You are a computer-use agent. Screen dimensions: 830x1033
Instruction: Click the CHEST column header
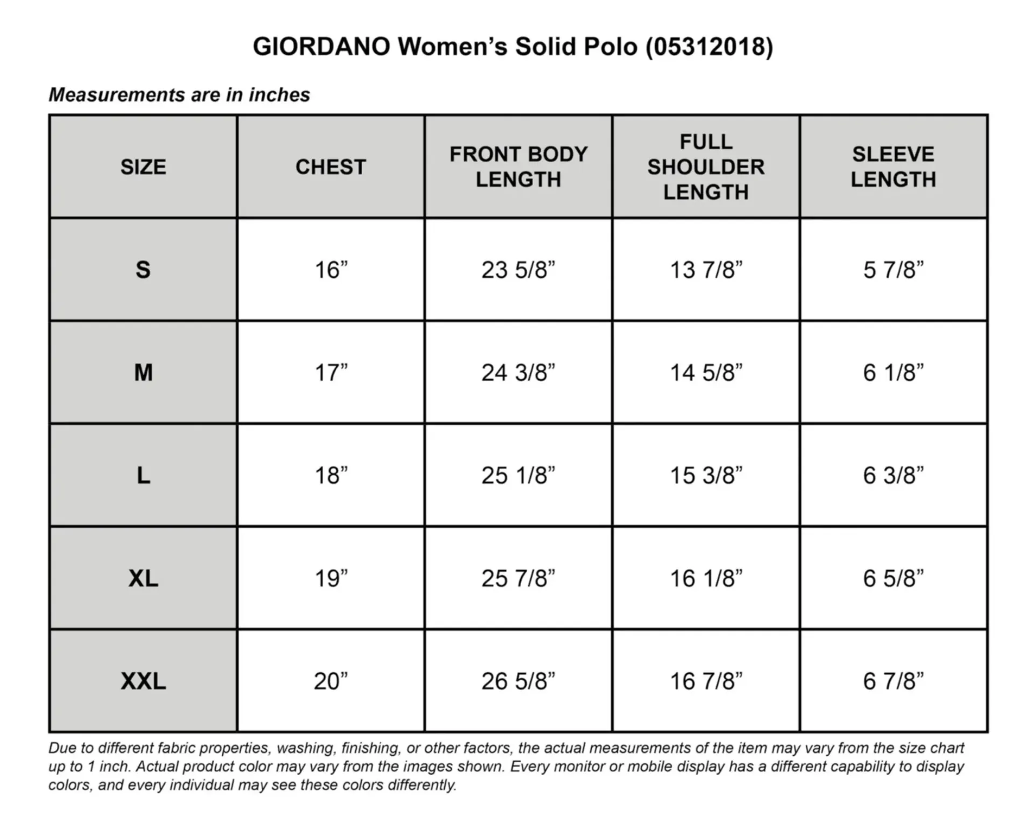tap(331, 167)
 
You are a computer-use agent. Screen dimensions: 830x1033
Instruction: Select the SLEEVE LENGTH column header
tap(893, 167)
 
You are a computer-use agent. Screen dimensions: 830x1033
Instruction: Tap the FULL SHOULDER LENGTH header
tap(705, 167)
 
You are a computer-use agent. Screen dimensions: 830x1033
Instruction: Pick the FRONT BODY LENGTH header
tap(518, 167)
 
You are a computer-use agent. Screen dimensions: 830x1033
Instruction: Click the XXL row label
tap(143, 681)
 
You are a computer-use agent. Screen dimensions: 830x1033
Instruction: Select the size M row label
tap(143, 372)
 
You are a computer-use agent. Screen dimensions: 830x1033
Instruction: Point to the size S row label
tap(143, 270)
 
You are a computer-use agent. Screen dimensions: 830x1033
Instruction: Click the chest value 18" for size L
tap(331, 476)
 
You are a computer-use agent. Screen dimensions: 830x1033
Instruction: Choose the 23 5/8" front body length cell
tap(518, 270)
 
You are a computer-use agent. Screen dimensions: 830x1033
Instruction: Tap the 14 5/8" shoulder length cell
tap(705, 372)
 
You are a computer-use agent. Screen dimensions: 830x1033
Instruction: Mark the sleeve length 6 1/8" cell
tap(893, 372)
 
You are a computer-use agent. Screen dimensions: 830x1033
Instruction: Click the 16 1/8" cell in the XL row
tap(705, 578)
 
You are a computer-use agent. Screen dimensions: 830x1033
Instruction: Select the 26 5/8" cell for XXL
tap(518, 681)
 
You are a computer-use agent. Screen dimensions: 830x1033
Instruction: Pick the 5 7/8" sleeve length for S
tap(893, 270)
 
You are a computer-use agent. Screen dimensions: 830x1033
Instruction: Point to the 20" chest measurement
tap(331, 681)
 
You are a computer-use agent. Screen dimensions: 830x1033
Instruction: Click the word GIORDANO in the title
tap(321, 47)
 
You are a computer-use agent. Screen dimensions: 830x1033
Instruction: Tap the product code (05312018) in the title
tap(709, 47)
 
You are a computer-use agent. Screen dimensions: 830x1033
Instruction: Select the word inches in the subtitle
tap(279, 95)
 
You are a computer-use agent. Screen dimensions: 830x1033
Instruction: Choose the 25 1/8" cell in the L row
tap(518, 476)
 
